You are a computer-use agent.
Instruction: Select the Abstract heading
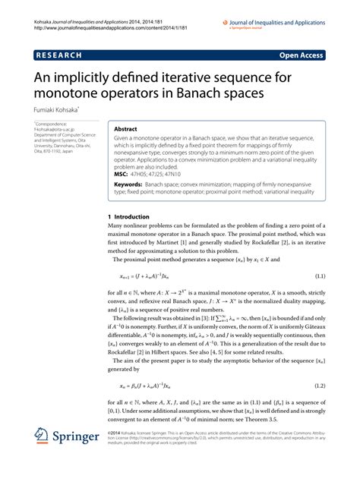pyautogui.click(x=126, y=129)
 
